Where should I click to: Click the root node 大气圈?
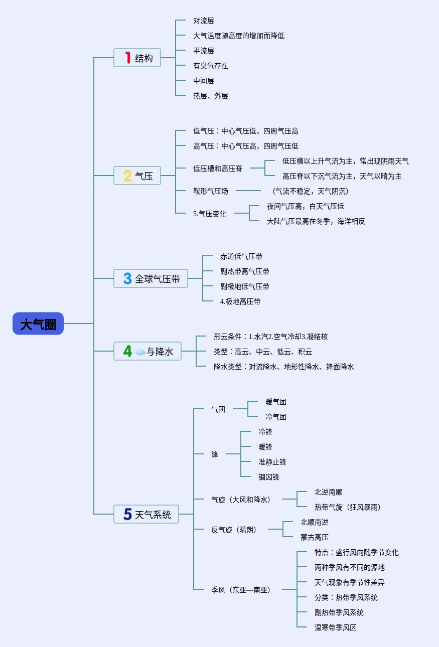coord(38,323)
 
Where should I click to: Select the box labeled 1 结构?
coord(137,58)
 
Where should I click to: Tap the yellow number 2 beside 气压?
coord(127,176)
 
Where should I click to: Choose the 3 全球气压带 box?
coord(151,278)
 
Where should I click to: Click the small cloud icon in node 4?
coord(140,352)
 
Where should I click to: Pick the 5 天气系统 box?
coord(146,514)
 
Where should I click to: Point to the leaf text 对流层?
coord(204,21)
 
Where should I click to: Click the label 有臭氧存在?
coord(210,66)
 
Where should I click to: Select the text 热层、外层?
coord(210,96)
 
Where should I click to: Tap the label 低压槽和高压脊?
coord(217,169)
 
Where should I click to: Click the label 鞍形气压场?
coord(210,191)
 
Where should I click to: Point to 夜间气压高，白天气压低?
coord(306,206)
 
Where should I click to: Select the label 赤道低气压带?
coord(241,256)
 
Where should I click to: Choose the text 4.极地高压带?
coord(240,301)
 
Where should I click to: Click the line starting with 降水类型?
coord(284,367)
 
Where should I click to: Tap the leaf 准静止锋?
coord(272,462)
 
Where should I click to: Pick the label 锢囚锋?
coord(269,477)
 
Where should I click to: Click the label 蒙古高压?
coord(315,537)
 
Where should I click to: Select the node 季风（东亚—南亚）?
coord(240,590)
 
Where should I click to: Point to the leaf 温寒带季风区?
coord(336,627)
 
